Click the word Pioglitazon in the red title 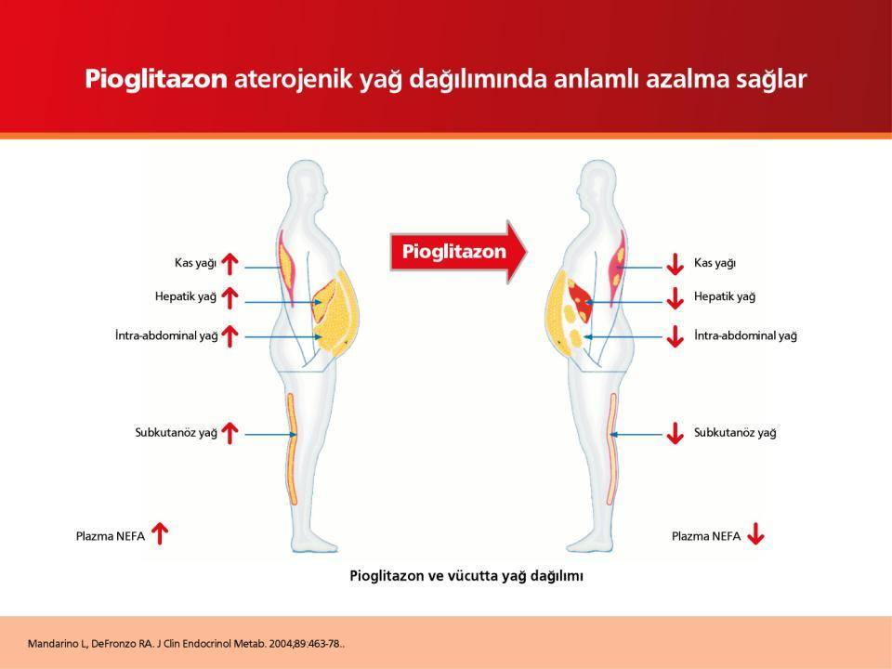(156, 79)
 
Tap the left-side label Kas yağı (196, 263)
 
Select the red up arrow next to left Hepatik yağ (230, 297)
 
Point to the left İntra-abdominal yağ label (166, 335)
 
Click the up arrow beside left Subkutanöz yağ (230, 433)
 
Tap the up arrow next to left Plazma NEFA (160, 533)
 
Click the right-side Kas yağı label (715, 263)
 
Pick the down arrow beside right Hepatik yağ (676, 298)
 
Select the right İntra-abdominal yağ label (745, 335)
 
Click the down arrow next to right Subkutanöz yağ (676, 433)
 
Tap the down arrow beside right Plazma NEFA (756, 533)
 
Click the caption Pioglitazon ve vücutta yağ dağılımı (466, 576)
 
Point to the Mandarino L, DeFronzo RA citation (186, 644)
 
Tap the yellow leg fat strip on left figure (293, 449)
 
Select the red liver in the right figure (580, 300)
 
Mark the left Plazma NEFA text (111, 536)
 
